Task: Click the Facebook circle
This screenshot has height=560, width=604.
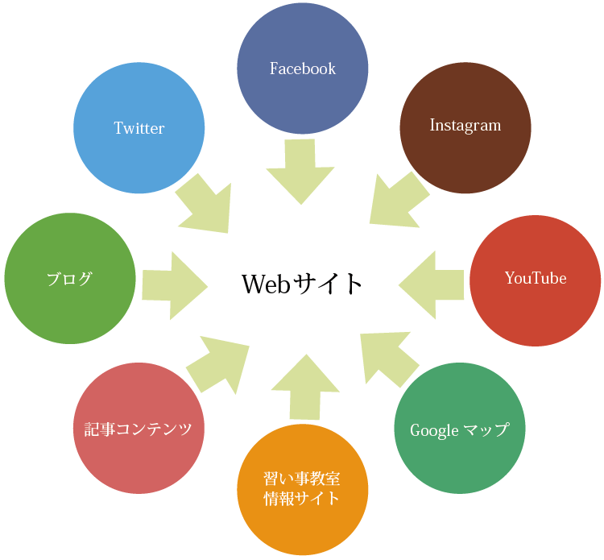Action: pyautogui.click(x=302, y=68)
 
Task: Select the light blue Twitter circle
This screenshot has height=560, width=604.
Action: pyautogui.click(x=139, y=128)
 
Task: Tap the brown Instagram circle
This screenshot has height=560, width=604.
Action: pyautogui.click(x=465, y=128)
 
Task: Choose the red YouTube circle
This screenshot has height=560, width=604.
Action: pyautogui.click(x=535, y=280)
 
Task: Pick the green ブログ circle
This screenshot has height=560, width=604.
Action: pyautogui.click(x=70, y=278)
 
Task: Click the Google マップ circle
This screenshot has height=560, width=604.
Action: pyautogui.click(x=460, y=428)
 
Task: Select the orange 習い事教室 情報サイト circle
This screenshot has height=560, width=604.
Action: pyautogui.click(x=302, y=489)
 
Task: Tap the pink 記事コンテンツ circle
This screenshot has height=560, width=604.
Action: pyautogui.click(x=139, y=428)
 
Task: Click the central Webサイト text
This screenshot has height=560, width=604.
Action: pyautogui.click(x=302, y=284)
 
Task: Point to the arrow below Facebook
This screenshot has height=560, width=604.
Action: pyautogui.click(x=300, y=172)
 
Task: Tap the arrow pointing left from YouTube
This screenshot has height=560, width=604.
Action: pyautogui.click(x=432, y=284)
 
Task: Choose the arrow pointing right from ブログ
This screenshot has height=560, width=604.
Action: pyautogui.click(x=175, y=285)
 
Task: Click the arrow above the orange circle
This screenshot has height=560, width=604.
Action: pyautogui.click(x=305, y=387)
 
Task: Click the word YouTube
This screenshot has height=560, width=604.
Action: pyautogui.click(x=536, y=278)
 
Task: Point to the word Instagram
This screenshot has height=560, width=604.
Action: pyautogui.click(x=465, y=125)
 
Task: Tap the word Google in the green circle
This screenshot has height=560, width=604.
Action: pyautogui.click(x=434, y=430)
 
